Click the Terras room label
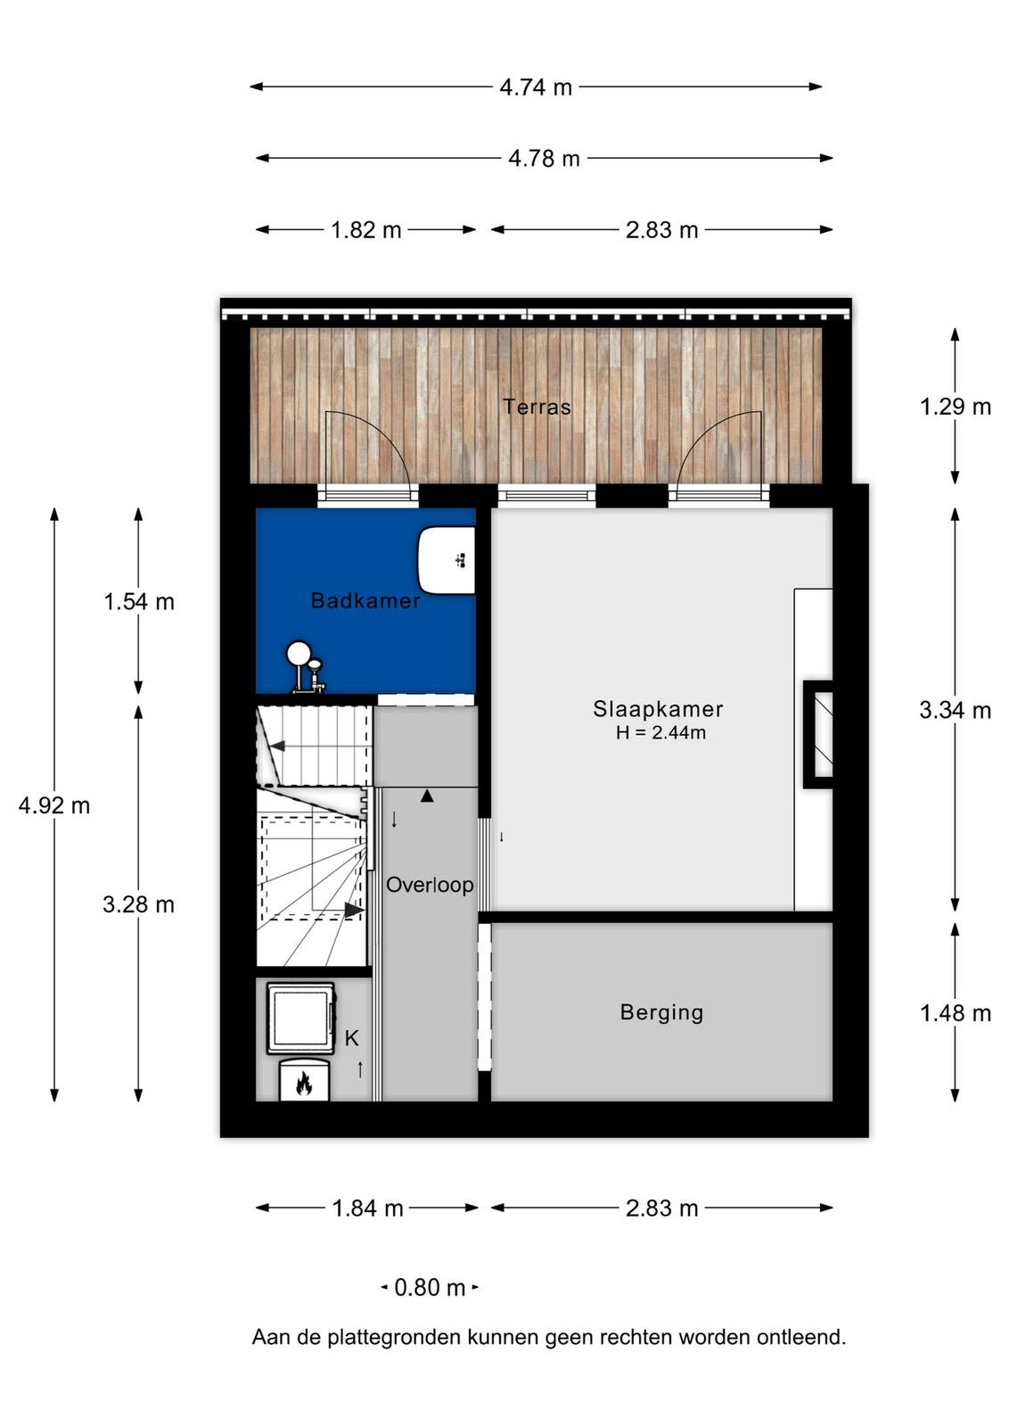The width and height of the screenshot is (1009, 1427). (537, 407)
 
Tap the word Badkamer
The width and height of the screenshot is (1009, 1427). (365, 600)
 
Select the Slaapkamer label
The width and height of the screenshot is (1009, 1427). (658, 709)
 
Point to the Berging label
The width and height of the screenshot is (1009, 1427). (662, 1012)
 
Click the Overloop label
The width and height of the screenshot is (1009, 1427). (430, 885)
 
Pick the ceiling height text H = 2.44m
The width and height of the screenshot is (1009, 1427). (660, 732)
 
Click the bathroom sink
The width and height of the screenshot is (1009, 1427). (447, 560)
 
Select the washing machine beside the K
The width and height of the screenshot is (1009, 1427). (300, 1019)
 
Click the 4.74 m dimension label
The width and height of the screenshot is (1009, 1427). (536, 87)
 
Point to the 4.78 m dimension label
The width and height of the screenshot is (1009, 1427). (545, 158)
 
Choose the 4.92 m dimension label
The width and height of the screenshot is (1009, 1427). (54, 806)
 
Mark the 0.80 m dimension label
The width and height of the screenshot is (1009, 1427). (430, 1288)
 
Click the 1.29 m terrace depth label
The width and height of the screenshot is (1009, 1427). (956, 407)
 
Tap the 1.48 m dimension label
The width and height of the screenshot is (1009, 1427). (956, 1013)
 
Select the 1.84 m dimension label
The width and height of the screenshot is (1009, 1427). (368, 1208)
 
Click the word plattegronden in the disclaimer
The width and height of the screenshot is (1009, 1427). (396, 1337)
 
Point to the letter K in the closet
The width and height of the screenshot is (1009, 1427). (351, 1038)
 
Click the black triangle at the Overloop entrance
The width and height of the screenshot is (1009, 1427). (427, 796)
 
